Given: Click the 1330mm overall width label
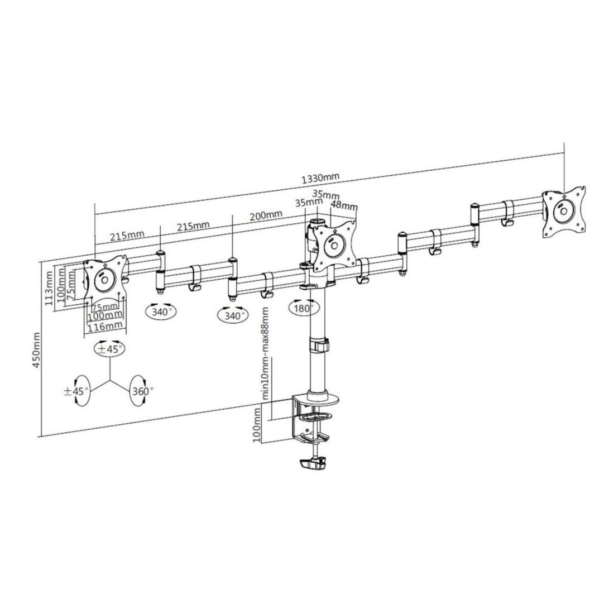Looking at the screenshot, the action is tap(320, 178).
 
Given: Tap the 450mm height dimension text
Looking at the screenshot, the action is tap(36, 350).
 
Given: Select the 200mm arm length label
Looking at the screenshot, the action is tap(266, 215).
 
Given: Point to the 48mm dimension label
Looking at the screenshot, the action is tap(344, 205).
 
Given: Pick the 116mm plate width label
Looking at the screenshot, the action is tap(105, 326).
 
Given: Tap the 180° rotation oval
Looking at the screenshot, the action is tap(304, 308).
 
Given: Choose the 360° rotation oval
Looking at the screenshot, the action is tap(141, 390).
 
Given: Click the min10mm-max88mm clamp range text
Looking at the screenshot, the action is tap(266, 353).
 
